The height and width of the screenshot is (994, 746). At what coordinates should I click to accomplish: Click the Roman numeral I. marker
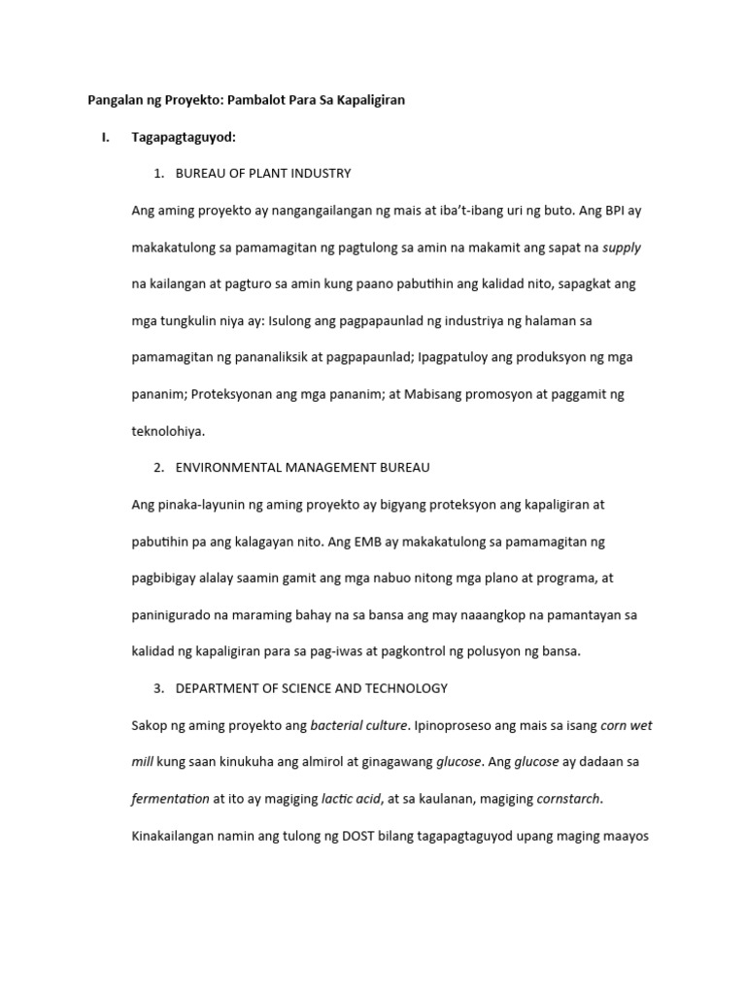[x=105, y=138]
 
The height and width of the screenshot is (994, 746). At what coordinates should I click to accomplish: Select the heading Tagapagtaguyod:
[x=184, y=138]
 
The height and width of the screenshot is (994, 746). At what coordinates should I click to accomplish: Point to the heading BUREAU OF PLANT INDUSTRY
[x=262, y=174]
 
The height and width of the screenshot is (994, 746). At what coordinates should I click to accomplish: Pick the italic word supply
[x=622, y=248]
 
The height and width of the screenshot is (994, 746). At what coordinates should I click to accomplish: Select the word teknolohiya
[x=168, y=431]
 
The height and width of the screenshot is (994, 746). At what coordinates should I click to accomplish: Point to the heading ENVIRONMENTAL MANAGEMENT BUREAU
[x=302, y=468]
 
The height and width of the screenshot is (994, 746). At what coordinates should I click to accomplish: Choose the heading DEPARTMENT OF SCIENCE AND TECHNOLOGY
[x=311, y=688]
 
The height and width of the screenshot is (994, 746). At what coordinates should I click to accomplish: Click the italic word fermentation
[x=170, y=799]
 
